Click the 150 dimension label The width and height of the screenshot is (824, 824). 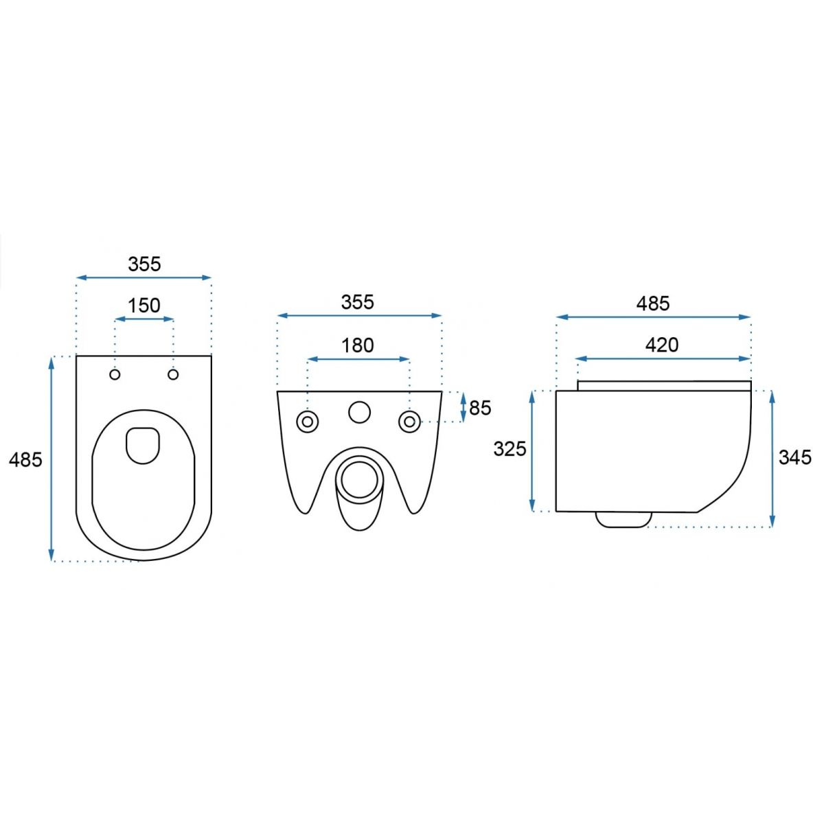(144, 306)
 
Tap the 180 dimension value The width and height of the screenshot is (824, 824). (358, 345)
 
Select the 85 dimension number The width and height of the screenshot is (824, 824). (480, 409)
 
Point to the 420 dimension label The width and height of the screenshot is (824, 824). (662, 345)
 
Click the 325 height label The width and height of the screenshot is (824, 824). (510, 449)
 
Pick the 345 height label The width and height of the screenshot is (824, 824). (795, 457)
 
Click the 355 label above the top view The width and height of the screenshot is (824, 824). (144, 264)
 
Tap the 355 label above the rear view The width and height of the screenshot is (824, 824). (358, 302)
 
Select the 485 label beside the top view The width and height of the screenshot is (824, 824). (25, 459)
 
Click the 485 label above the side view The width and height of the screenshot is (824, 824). (653, 304)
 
